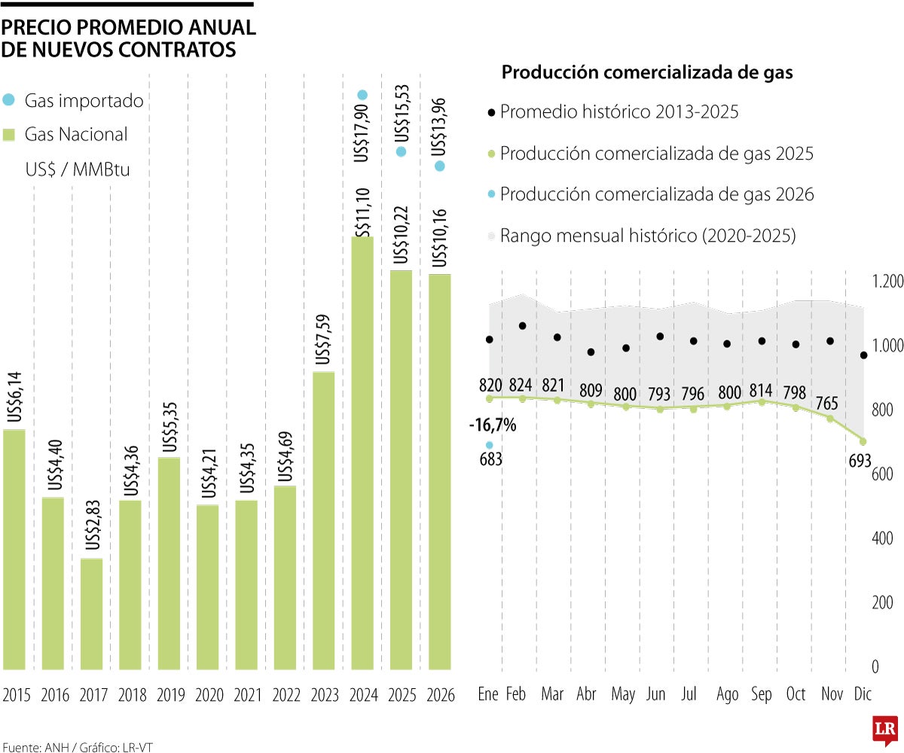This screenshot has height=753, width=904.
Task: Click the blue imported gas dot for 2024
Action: point(362,94)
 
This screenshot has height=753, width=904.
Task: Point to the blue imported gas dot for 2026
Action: point(439,166)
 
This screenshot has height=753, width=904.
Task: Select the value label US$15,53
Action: point(402,113)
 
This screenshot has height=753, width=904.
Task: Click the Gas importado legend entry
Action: point(73,100)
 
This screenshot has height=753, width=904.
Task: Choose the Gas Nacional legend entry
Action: point(66,135)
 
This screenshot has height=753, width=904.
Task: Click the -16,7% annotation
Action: point(492,425)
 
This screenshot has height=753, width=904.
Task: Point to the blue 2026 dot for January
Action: point(489,445)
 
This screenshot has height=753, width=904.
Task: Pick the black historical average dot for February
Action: point(522,325)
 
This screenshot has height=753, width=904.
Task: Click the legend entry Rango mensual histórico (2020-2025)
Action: point(640,236)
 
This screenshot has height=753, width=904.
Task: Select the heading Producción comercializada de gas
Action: point(647,73)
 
